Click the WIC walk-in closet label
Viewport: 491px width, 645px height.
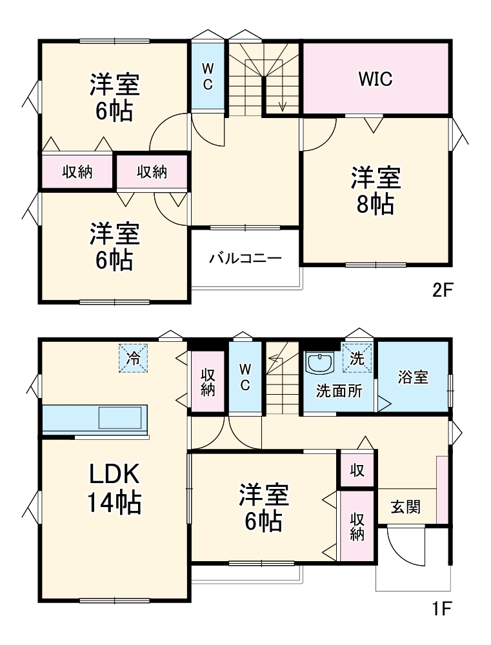(x=376, y=79)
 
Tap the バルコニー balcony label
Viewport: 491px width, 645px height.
(x=245, y=259)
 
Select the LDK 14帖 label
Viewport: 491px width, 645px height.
(x=114, y=488)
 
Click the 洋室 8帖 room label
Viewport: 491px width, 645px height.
(x=376, y=190)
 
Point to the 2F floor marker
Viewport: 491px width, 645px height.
(x=444, y=290)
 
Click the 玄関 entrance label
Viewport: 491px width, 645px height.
(x=405, y=507)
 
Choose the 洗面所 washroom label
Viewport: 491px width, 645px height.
(x=338, y=391)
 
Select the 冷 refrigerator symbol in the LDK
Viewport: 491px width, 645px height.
(x=133, y=358)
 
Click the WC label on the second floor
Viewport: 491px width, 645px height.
(x=207, y=76)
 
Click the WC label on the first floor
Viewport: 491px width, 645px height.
(x=245, y=377)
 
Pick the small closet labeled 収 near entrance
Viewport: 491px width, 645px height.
(x=357, y=470)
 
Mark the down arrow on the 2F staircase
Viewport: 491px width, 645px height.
(x=282, y=103)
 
